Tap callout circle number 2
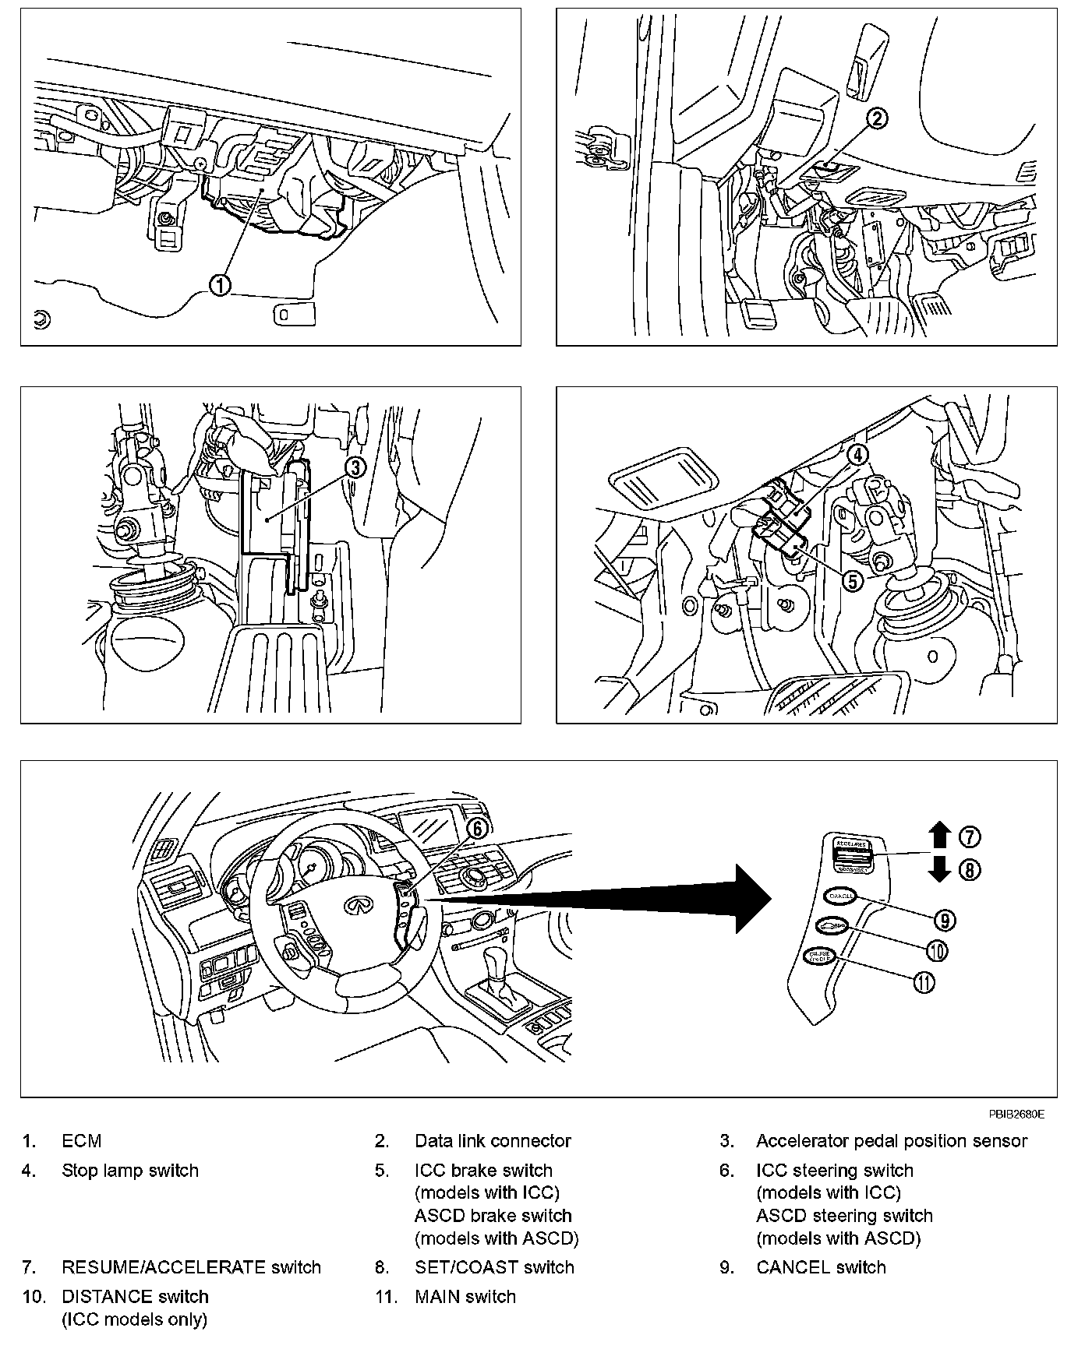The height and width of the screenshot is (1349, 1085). point(877,118)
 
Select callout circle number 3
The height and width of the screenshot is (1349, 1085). point(355,467)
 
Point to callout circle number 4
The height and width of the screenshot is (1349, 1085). point(857,454)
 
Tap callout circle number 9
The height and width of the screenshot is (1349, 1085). point(944,920)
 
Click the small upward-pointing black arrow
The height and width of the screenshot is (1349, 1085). point(940,836)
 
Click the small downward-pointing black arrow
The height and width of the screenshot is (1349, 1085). point(940,868)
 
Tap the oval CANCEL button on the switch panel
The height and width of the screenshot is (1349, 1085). point(839,896)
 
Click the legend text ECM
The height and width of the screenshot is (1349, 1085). point(82,1141)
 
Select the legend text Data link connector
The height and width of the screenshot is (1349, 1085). point(493,1141)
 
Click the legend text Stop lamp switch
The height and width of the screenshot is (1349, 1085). point(130,1171)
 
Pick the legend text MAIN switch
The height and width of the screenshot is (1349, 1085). point(465,1297)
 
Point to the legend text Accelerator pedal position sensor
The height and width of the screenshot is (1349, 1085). point(891,1141)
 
